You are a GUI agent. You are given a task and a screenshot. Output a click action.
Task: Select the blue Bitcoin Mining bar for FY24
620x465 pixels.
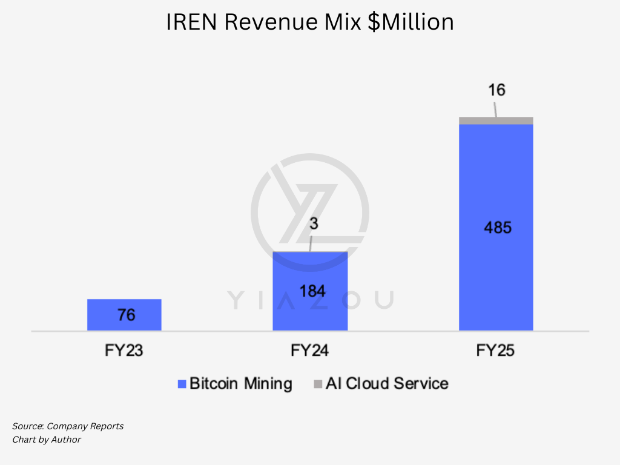click(x=310, y=272)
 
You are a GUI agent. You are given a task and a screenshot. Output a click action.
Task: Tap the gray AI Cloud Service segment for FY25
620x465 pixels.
click(x=496, y=120)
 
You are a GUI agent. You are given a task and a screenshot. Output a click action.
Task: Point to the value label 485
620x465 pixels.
click(x=498, y=228)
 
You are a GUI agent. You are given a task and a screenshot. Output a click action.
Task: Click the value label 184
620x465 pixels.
click(x=312, y=291)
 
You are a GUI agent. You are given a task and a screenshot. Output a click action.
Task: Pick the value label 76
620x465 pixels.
click(x=127, y=315)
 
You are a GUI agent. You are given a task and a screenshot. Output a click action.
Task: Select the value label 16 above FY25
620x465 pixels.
click(x=496, y=91)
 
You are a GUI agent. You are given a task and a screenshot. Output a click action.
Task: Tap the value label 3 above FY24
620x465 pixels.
click(x=314, y=223)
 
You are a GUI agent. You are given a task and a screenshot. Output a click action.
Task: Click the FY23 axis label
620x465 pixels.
click(x=124, y=351)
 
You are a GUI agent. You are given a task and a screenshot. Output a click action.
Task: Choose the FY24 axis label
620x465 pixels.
click(x=309, y=351)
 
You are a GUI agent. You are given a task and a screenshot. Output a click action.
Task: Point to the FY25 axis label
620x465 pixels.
click(x=495, y=351)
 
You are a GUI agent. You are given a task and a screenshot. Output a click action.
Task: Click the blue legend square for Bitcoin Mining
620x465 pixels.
click(x=181, y=384)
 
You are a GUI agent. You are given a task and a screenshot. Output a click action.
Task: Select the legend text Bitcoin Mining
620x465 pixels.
click(x=240, y=383)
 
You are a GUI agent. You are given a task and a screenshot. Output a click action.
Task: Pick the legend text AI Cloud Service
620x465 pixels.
click(x=387, y=383)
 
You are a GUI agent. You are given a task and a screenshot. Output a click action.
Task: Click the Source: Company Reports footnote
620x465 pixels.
click(x=68, y=426)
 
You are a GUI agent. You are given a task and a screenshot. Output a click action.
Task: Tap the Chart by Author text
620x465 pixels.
click(x=47, y=440)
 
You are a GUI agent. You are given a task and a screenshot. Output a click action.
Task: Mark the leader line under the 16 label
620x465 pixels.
click(x=495, y=110)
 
